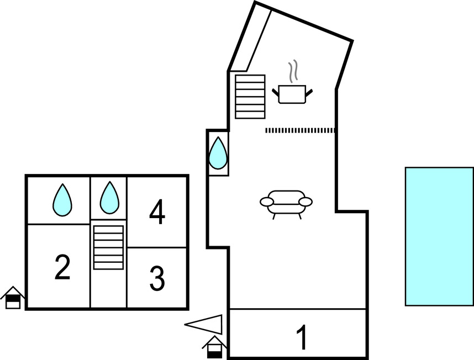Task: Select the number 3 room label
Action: pyautogui.click(x=157, y=279)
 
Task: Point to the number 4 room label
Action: pyautogui.click(x=157, y=213)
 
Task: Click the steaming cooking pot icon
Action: pyautogui.click(x=293, y=93)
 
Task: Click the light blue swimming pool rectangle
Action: pyautogui.click(x=439, y=236)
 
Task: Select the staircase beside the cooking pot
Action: pyautogui.click(x=250, y=96)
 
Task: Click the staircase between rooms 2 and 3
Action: pyautogui.click(x=108, y=247)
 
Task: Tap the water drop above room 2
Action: pyautogui.click(x=62, y=199)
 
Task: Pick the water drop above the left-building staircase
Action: pyautogui.click(x=109, y=198)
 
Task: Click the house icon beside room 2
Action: pyautogui.click(x=13, y=298)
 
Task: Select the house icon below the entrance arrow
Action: pyautogui.click(x=214, y=347)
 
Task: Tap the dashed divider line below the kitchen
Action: pyautogui.click(x=301, y=130)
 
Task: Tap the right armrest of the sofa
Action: pyautogui.click(x=306, y=201)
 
